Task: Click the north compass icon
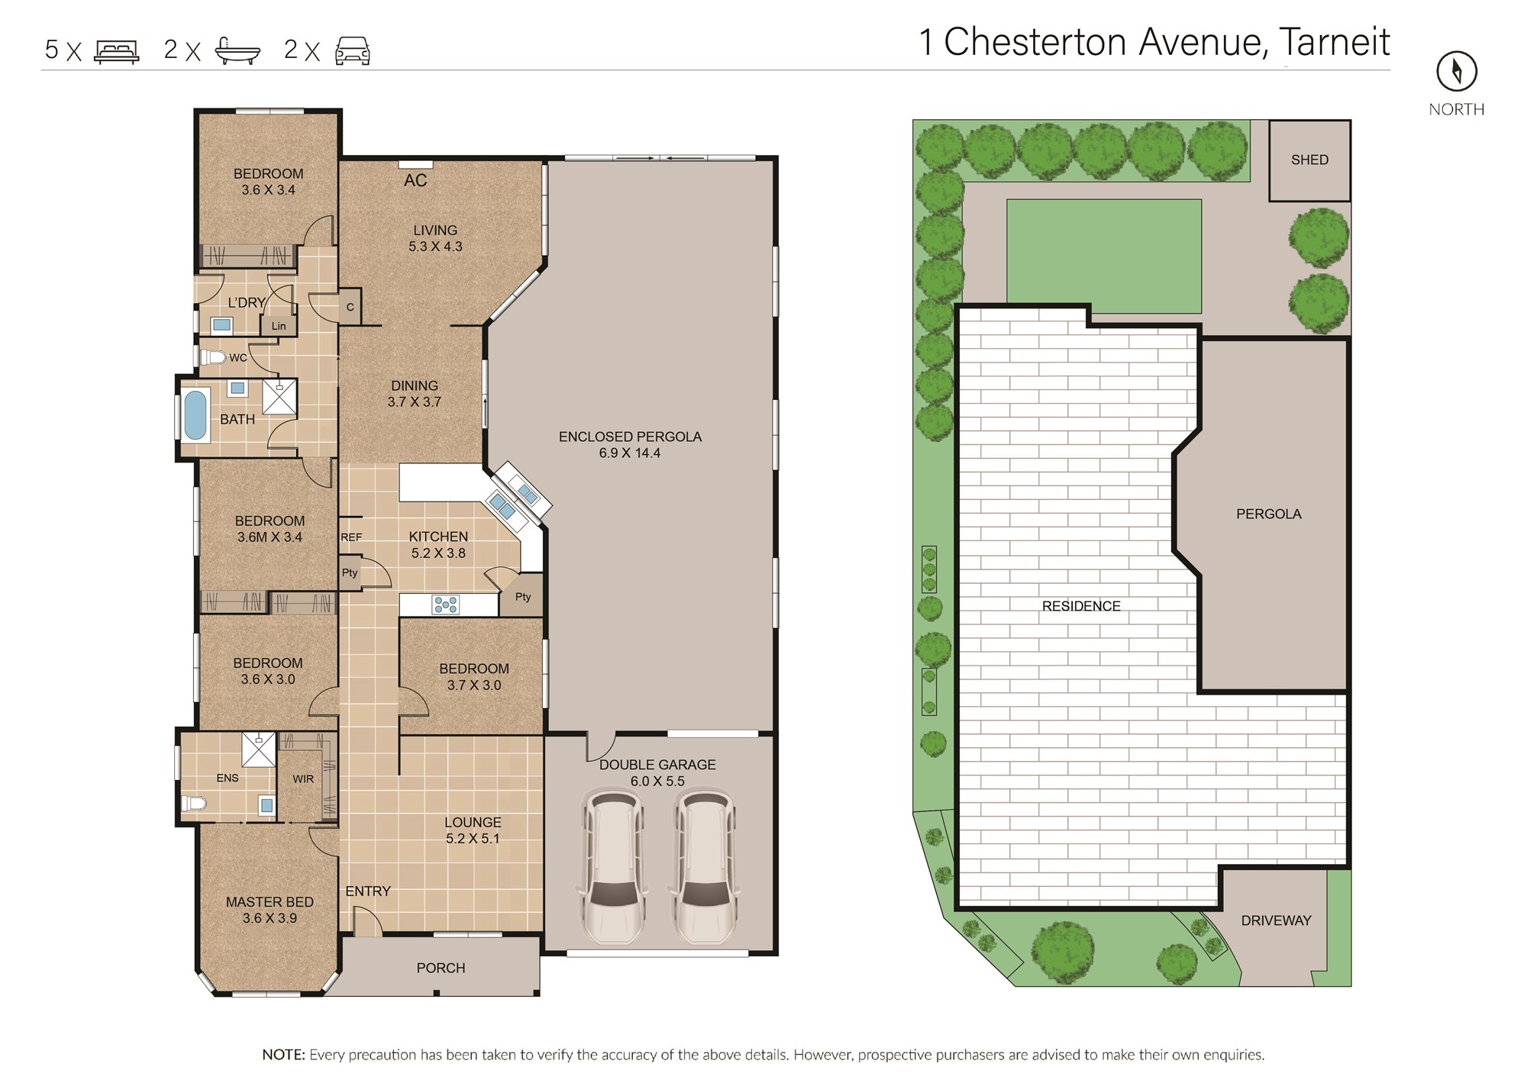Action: point(1457,72)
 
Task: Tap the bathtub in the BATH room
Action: point(195,416)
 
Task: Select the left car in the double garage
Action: point(613,867)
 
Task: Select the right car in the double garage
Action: point(703,867)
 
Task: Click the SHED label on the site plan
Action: point(1309,160)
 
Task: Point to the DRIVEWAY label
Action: point(1276,920)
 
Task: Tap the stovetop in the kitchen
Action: point(445,605)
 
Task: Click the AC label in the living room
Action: point(415,181)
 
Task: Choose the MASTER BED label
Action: point(270,902)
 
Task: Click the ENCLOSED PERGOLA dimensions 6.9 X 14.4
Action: point(630,453)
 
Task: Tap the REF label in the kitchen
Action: point(351,537)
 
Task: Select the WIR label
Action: point(303,779)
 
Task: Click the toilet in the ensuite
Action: point(193,803)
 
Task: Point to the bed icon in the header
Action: point(116,51)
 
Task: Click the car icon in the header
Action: point(353,51)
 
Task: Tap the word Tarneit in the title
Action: point(1335,42)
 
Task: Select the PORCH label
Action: point(441,968)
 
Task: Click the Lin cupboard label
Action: point(279,326)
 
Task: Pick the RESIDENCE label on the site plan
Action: point(1081,606)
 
